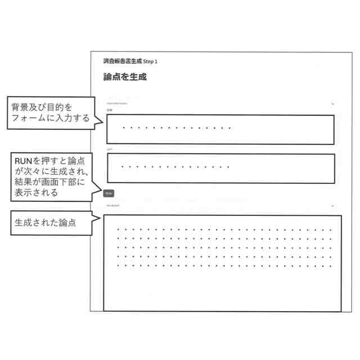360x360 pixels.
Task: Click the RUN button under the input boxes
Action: tap(109, 192)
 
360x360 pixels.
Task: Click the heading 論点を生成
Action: tap(125, 77)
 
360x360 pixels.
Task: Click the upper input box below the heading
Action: tap(220, 129)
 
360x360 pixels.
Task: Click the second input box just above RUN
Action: tap(220, 168)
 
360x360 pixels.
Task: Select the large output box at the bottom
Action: tap(222, 263)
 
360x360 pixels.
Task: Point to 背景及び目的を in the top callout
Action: tap(42, 107)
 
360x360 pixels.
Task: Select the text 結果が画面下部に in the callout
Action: tap(49, 182)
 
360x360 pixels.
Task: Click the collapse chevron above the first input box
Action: tap(333, 104)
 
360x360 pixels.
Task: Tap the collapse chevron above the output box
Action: tap(333, 206)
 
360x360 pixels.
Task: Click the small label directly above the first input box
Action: tap(110, 110)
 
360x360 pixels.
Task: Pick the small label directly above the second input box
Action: tap(110, 150)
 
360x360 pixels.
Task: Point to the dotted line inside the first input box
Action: tap(177, 128)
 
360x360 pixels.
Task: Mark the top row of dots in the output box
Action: tap(224, 229)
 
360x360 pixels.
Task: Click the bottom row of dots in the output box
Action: tap(224, 265)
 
